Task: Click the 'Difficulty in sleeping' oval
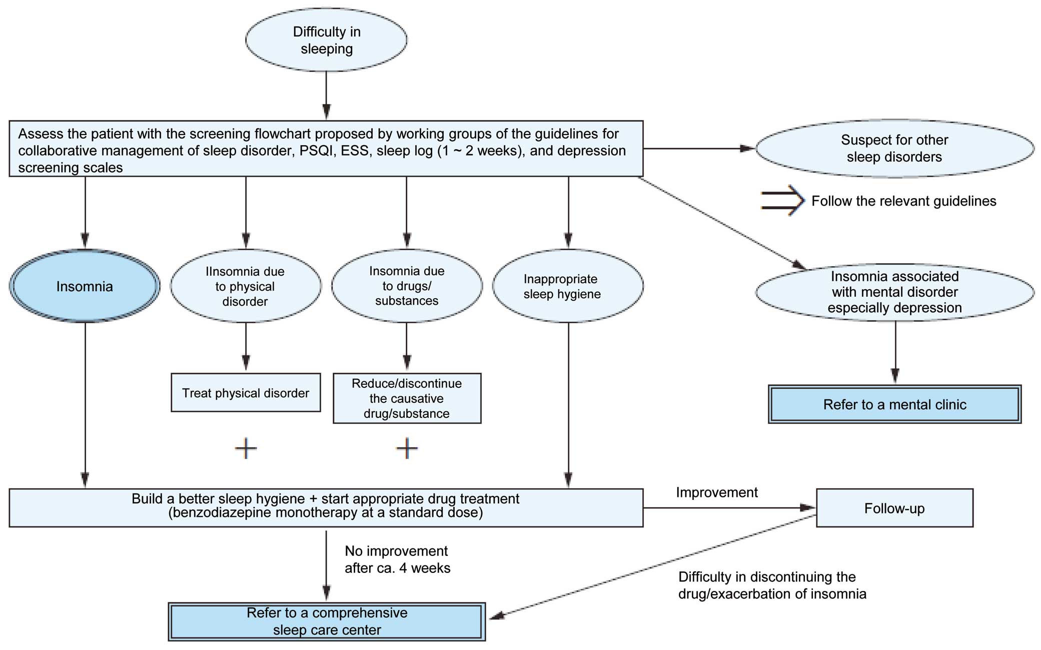pos(326,40)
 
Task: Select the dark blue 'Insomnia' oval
pos(85,286)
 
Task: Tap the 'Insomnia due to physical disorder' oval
pos(246,286)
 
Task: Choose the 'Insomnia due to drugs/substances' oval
pos(407,286)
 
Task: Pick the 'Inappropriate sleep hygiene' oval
pos(568,286)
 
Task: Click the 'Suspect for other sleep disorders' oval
pos(894,148)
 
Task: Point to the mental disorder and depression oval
pos(894,292)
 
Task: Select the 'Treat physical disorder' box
pos(246,393)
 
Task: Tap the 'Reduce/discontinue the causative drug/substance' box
pos(407,398)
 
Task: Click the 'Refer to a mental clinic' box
pos(895,404)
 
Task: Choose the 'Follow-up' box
pos(894,508)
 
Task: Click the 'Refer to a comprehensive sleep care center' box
pos(327,621)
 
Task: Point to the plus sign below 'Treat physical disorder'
pos(246,448)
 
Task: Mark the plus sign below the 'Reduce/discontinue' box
pos(407,448)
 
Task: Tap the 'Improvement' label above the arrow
pos(717,492)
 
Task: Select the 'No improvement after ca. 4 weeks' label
pos(398,559)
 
